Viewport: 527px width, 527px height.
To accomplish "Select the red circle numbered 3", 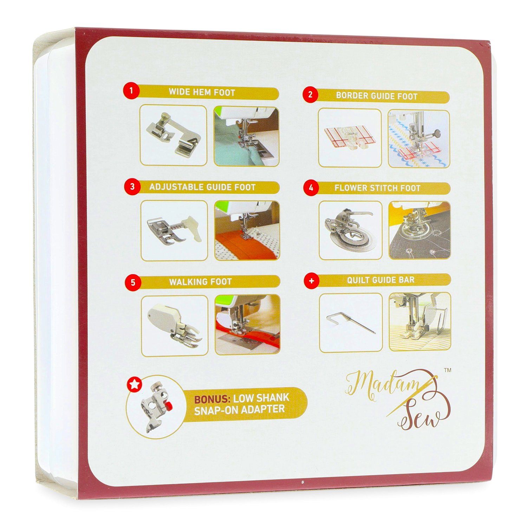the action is (x=132, y=186).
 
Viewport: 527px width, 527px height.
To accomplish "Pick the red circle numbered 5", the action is (x=133, y=282).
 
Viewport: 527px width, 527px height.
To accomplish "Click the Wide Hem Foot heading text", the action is (x=202, y=92).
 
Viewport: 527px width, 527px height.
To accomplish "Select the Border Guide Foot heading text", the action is (x=377, y=96).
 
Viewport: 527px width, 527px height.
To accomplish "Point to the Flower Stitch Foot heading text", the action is (x=377, y=188).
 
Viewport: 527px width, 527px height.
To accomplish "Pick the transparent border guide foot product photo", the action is (x=349, y=139).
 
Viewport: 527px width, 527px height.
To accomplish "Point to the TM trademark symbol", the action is (x=448, y=370).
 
